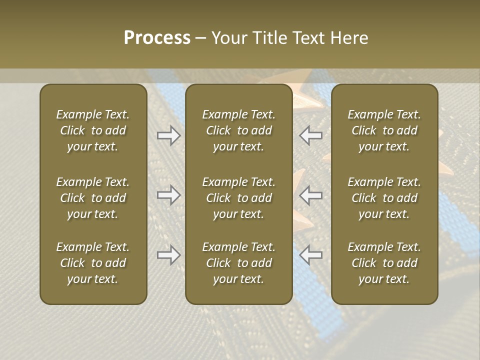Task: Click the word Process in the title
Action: click(x=157, y=38)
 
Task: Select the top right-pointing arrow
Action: click(x=168, y=135)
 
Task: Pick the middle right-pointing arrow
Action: click(x=168, y=194)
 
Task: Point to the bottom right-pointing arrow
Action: click(x=168, y=255)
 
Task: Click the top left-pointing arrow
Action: click(x=311, y=135)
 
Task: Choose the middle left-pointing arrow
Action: click(x=311, y=194)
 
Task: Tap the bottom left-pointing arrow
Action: click(x=311, y=255)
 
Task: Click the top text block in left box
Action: click(x=93, y=130)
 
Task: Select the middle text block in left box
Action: click(x=93, y=198)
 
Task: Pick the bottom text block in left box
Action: click(x=93, y=263)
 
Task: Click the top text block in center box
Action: click(x=238, y=130)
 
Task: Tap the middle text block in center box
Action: click(x=238, y=198)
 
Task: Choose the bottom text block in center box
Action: click(x=238, y=263)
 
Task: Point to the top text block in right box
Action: click(x=384, y=130)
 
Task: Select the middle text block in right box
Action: click(x=384, y=198)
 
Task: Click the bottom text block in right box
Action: click(x=384, y=263)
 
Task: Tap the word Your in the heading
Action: click(x=229, y=38)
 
